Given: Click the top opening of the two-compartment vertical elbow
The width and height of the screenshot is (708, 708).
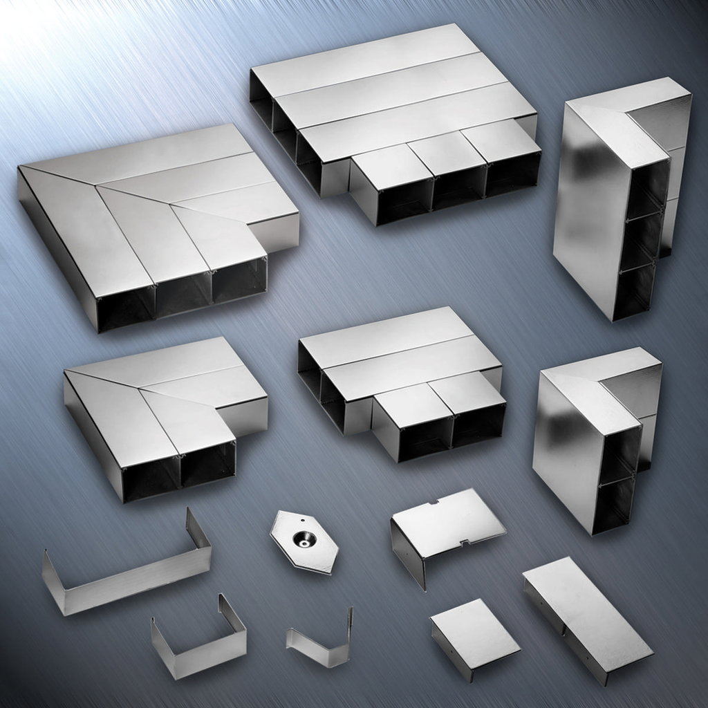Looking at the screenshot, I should (x=621, y=453).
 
